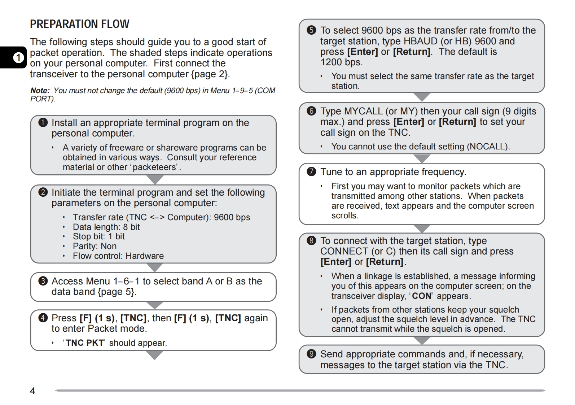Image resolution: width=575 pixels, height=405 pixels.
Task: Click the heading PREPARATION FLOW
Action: [x=79, y=24]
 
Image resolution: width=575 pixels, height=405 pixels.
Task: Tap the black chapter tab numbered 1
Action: [x=18, y=58]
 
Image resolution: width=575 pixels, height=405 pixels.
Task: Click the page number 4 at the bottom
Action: [x=32, y=391]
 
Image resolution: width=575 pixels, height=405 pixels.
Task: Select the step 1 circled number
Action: [x=43, y=123]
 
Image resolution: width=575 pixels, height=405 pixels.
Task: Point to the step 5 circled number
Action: [x=311, y=30]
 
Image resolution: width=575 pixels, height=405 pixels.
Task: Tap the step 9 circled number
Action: [x=311, y=354]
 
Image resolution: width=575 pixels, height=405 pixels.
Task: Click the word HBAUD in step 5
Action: [x=420, y=41]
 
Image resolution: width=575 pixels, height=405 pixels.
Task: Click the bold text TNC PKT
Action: [x=85, y=343]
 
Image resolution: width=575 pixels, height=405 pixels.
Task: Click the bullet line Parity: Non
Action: [x=95, y=246]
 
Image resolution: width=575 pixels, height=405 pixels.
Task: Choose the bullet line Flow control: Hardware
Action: [x=118, y=256]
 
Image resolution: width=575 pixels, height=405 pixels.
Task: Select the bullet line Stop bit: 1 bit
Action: [x=98, y=236]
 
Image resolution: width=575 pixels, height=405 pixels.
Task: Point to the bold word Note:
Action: [x=40, y=91]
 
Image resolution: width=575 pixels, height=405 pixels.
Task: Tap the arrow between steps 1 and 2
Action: [x=155, y=179]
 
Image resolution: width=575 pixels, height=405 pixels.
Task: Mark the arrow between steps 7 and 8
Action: [x=422, y=228]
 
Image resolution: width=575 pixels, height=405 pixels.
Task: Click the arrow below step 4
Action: [x=155, y=356]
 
